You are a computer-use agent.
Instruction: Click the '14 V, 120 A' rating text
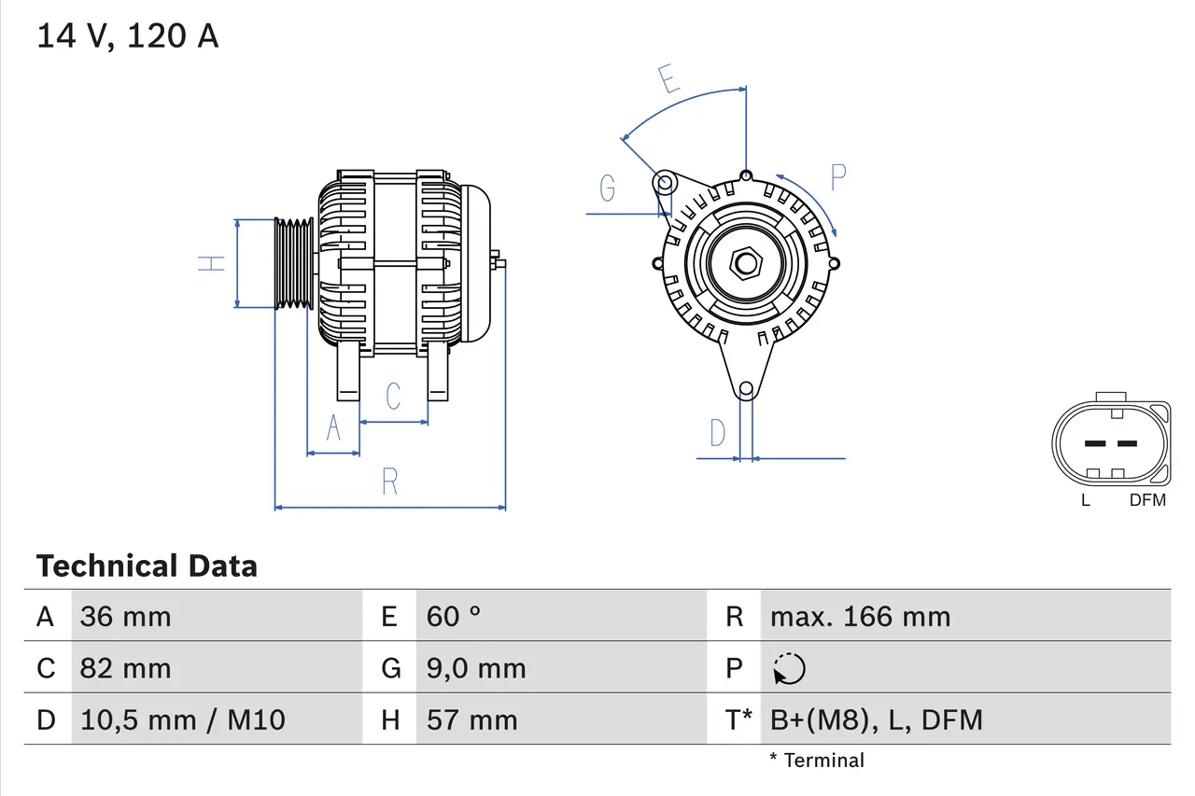[x=127, y=36]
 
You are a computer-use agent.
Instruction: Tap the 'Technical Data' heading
[x=147, y=566]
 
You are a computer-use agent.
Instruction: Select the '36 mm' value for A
[x=125, y=616]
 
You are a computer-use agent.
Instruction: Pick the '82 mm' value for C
[x=125, y=668]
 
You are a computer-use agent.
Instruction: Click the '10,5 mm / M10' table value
[x=182, y=719]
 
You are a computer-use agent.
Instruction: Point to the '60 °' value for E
[x=454, y=616]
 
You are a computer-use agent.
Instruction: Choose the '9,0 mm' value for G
[x=476, y=668]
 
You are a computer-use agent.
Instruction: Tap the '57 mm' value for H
[x=471, y=719]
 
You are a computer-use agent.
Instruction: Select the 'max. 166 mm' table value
[x=860, y=616]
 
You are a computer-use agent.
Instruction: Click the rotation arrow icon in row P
[x=789, y=669]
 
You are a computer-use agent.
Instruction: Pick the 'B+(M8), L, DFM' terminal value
[x=876, y=719]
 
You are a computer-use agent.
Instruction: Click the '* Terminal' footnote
[x=817, y=760]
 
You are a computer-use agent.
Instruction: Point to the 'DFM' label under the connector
[x=1147, y=500]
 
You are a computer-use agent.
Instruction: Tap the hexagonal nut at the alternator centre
[x=745, y=263]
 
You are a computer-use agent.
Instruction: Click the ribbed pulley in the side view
[x=294, y=263]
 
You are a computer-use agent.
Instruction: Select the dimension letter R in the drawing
[x=390, y=482]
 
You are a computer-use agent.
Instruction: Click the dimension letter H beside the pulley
[x=213, y=263]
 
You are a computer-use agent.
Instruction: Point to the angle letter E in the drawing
[x=667, y=80]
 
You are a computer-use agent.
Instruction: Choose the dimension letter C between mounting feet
[x=393, y=396]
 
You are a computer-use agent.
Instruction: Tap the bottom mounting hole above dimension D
[x=745, y=389]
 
